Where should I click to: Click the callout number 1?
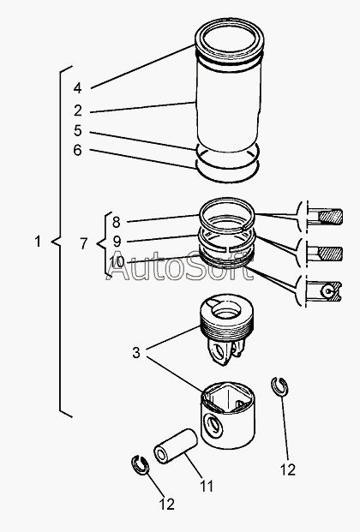38,242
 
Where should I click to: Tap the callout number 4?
78,88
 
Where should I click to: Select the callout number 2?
78,111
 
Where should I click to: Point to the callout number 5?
78,130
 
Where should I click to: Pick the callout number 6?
78,150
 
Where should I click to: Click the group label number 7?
84,243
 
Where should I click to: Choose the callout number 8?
117,222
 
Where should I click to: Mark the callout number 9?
117,242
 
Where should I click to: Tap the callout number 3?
135,353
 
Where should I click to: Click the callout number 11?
207,487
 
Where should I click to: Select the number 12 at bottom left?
167,505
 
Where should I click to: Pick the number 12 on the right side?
288,470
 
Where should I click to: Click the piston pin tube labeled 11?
175,446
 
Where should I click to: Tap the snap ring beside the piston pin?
140,465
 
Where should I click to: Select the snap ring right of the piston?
279,386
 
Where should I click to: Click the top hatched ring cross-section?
330,217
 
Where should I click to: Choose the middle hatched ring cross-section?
329,254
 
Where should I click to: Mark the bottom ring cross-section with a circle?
329,290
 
